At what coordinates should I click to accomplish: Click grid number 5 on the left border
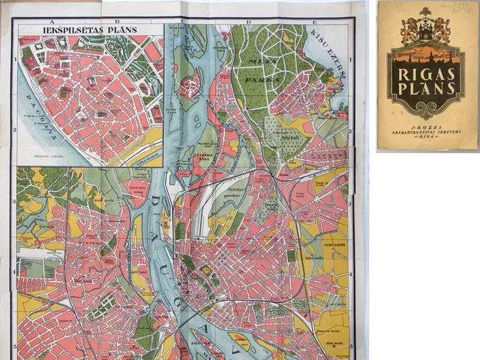[x=14, y=346]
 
